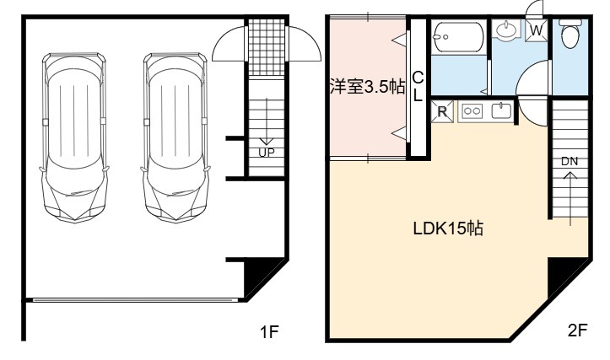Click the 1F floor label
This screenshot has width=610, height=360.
point(269,331)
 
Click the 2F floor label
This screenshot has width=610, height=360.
point(577,330)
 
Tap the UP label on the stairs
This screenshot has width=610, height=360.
point(267,153)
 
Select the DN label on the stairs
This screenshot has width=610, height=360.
point(570,161)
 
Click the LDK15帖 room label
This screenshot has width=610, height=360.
point(448,228)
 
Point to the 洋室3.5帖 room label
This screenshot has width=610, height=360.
point(367,86)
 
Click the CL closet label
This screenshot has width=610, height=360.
point(418,87)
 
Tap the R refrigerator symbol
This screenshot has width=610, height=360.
point(442,111)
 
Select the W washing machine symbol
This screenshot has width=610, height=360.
point(537,30)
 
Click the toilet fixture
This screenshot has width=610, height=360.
point(570,33)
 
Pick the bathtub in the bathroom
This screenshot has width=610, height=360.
point(459,37)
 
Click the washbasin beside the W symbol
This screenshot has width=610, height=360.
point(506,30)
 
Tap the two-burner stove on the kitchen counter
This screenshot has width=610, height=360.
point(472,111)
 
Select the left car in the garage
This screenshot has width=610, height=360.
point(74,137)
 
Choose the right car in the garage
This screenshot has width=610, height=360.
point(175,137)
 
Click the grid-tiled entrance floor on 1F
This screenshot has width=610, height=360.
point(267,47)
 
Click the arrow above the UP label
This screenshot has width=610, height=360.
point(267,121)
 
